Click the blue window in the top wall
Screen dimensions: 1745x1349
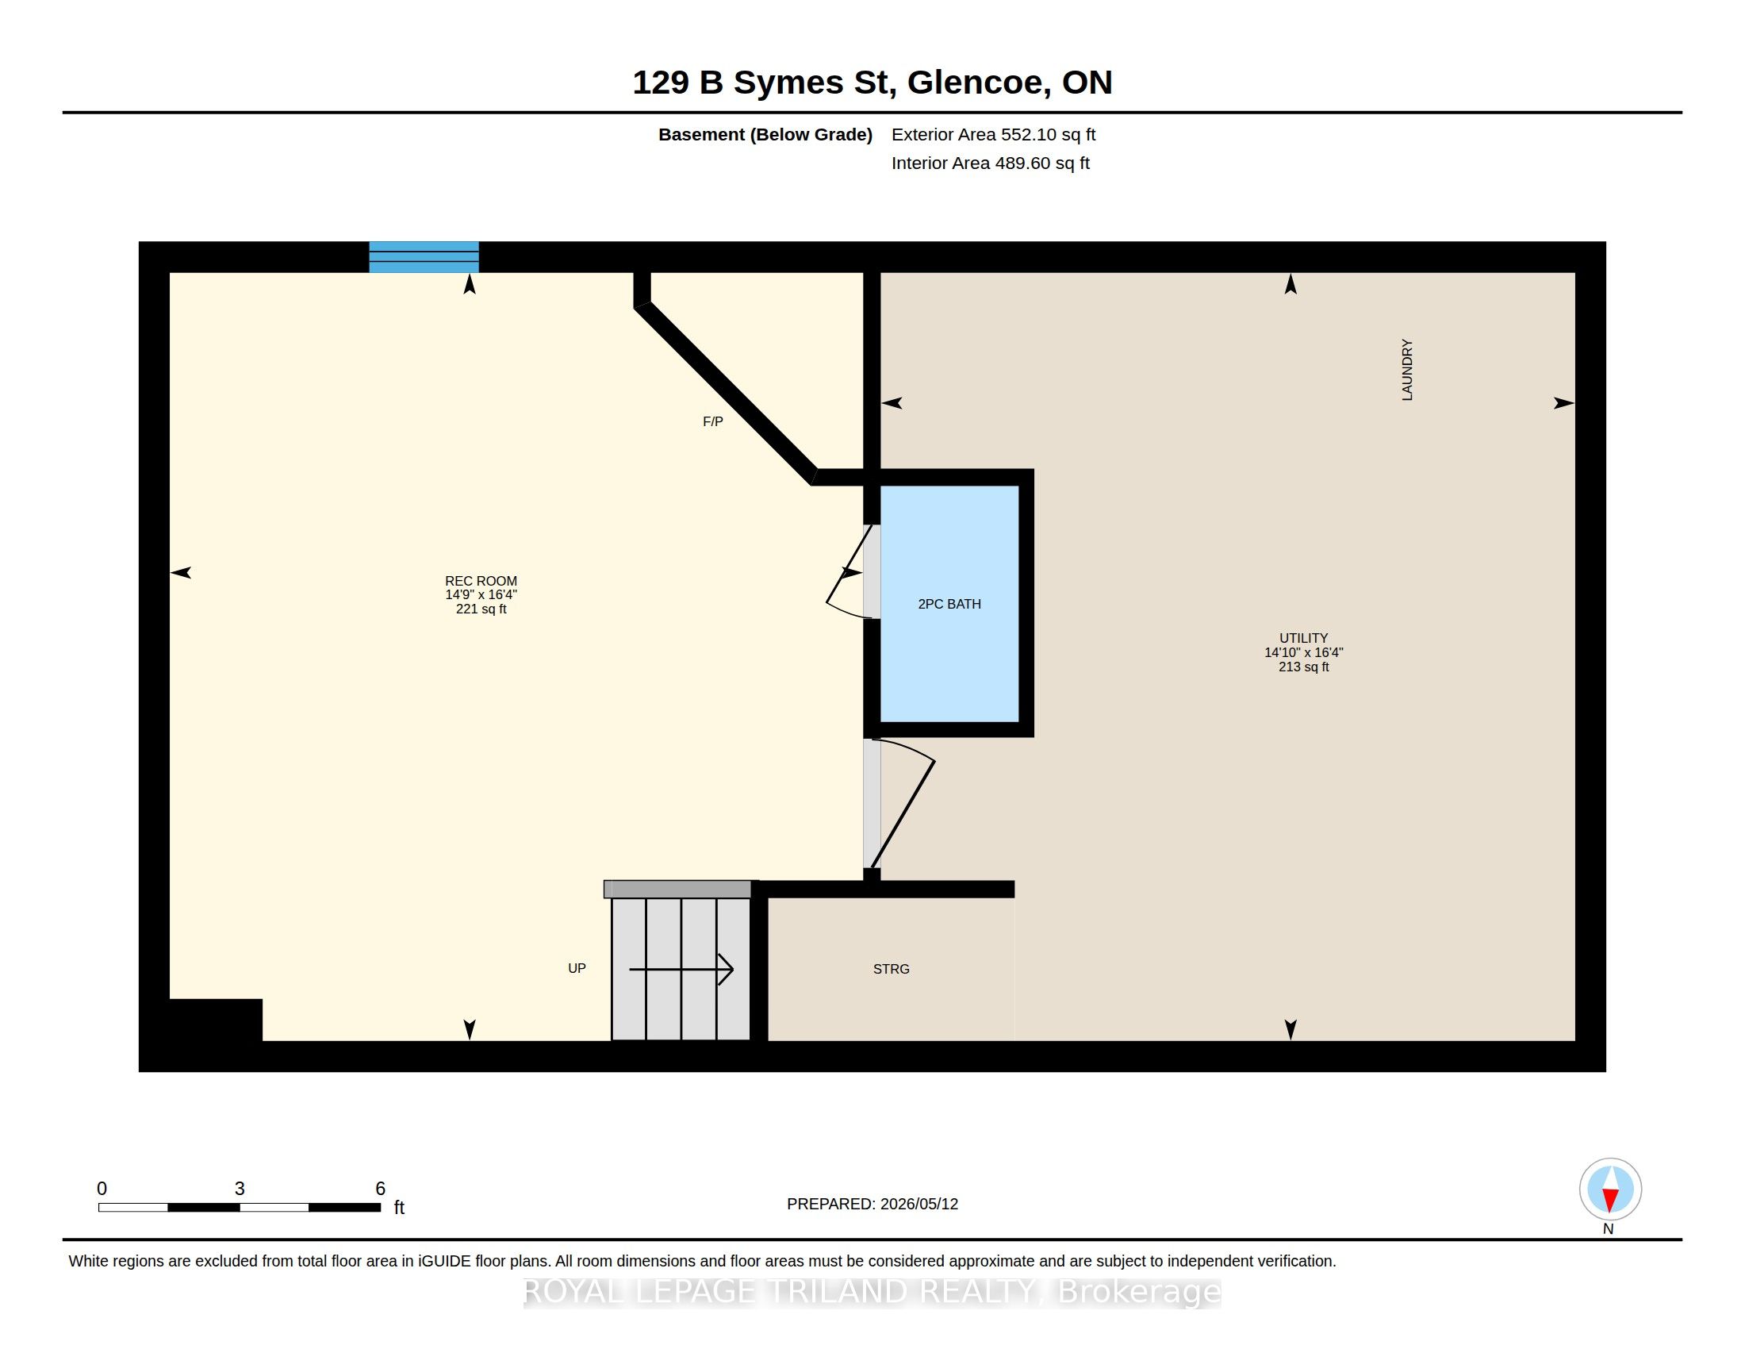click(424, 256)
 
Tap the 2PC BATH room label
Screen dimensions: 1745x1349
click(949, 604)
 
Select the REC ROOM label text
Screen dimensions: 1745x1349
click(481, 581)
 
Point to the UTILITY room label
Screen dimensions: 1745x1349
click(1303, 638)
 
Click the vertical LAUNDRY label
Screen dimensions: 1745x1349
click(1407, 370)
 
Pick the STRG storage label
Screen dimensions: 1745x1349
click(891, 969)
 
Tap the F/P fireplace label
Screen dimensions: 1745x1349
click(713, 421)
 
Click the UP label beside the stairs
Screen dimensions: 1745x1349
click(577, 968)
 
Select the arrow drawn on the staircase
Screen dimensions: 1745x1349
click(681, 970)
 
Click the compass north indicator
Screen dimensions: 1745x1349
click(1610, 1190)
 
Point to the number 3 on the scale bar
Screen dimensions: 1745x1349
click(239, 1189)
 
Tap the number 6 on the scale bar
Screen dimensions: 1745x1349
click(380, 1189)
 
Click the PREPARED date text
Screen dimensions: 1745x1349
click(872, 1204)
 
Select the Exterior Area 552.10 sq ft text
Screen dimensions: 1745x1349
click(993, 134)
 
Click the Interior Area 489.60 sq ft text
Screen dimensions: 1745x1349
click(990, 163)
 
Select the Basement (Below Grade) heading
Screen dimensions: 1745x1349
click(765, 134)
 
